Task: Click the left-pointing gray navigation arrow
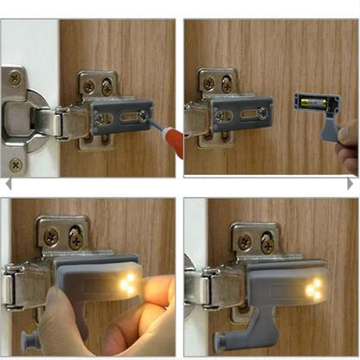pyautogui.click(x=8, y=184)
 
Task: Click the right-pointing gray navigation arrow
pyautogui.click(x=351, y=184)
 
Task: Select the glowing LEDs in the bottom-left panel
pyautogui.click(x=127, y=283)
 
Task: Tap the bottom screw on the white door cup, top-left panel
pyautogui.click(x=15, y=162)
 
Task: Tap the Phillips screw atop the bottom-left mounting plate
pyautogui.click(x=53, y=236)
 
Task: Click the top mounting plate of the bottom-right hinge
pyautogui.click(x=254, y=241)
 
